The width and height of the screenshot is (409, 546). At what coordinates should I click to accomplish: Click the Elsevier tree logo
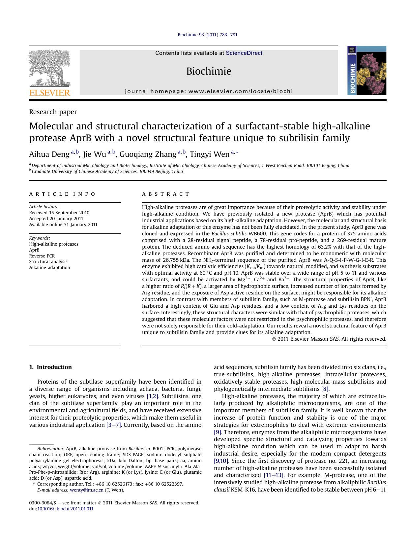[x=49, y=73]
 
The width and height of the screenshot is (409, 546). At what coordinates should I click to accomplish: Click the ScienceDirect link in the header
[x=244, y=53]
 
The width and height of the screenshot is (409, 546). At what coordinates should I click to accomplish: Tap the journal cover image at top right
[x=366, y=71]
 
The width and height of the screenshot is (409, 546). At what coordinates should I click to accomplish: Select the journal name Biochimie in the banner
[x=209, y=71]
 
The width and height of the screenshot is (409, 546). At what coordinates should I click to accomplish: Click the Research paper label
[x=53, y=112]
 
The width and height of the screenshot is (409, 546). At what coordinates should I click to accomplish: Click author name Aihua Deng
[x=49, y=154]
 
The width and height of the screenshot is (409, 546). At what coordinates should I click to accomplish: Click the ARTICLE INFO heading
[x=62, y=194]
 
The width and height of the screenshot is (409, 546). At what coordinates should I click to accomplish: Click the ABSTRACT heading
[x=166, y=194]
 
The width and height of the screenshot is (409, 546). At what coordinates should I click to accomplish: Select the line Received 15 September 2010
[x=59, y=213]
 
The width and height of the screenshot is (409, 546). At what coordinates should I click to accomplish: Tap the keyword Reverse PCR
[x=42, y=256]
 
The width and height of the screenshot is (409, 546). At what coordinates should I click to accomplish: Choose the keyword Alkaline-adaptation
[x=49, y=267]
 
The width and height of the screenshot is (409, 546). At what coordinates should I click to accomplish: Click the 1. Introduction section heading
[x=50, y=367]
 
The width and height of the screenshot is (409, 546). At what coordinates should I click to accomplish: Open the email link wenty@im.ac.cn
[x=87, y=490]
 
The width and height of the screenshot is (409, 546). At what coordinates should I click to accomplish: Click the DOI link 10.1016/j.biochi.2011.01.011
[x=65, y=509]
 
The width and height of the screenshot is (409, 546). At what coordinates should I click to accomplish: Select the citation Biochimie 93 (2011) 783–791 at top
[x=207, y=35]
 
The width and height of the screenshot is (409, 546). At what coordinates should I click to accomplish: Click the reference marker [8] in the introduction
[x=325, y=389]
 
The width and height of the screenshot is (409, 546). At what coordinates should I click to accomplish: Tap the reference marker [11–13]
[x=274, y=475]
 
